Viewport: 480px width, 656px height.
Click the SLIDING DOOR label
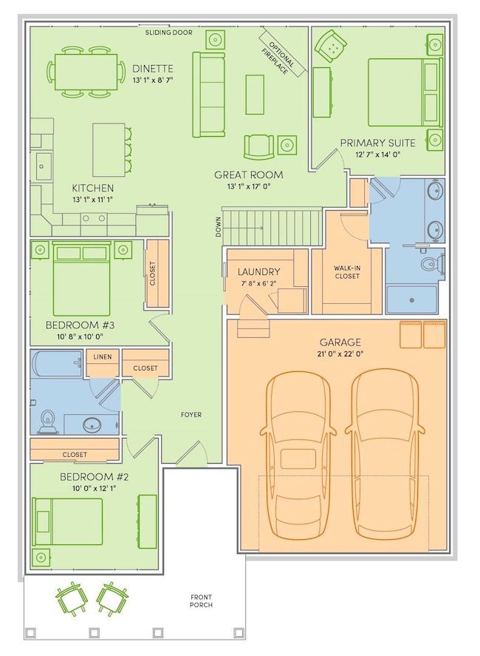point(169,33)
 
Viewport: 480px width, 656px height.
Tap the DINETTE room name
point(152,69)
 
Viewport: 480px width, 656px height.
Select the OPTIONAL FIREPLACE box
point(281,53)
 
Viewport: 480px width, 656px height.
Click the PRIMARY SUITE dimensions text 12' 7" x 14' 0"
point(377,155)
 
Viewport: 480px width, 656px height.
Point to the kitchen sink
point(41,166)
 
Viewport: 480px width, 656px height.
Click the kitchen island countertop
point(109,149)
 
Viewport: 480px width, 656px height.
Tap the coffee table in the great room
point(255,95)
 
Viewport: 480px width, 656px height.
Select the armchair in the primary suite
point(330,46)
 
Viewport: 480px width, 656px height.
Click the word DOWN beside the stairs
point(218,227)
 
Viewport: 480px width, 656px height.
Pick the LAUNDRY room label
point(258,272)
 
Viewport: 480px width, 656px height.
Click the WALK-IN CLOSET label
point(347,272)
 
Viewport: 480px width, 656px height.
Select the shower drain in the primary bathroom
point(412,300)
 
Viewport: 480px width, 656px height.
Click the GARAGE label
point(340,342)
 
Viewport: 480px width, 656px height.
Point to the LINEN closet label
point(103,357)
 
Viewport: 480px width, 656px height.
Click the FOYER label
point(191,415)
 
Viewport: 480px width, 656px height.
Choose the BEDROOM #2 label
point(94,477)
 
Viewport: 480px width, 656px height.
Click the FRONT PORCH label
point(201,601)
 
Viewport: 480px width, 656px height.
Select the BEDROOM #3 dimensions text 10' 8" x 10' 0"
point(80,337)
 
